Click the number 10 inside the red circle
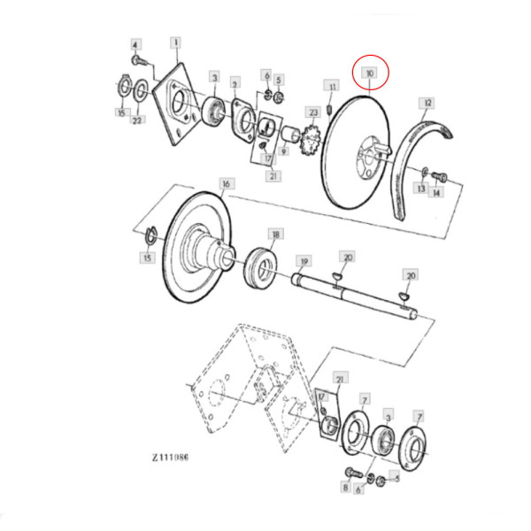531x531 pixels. click(x=370, y=73)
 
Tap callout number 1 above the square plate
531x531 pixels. click(x=175, y=42)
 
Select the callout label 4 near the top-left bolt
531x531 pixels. click(x=135, y=44)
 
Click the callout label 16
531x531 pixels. click(x=227, y=184)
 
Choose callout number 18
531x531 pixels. click(x=276, y=235)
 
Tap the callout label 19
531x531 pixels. click(x=304, y=261)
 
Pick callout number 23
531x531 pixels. click(x=313, y=112)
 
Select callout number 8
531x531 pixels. click(x=346, y=487)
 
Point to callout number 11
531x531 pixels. click(x=332, y=87)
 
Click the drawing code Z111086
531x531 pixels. click(x=170, y=458)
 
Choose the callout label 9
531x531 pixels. click(x=283, y=152)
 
